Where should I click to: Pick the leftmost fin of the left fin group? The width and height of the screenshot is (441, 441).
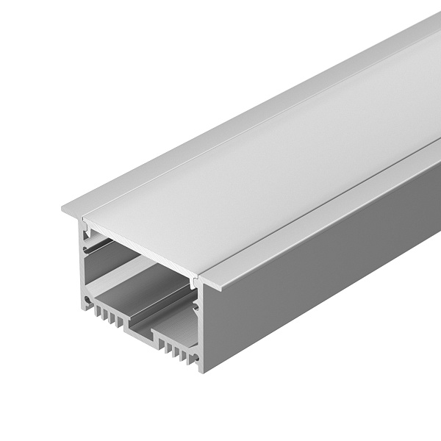(x=98, y=311)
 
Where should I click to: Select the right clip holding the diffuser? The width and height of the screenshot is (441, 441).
(x=193, y=284)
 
